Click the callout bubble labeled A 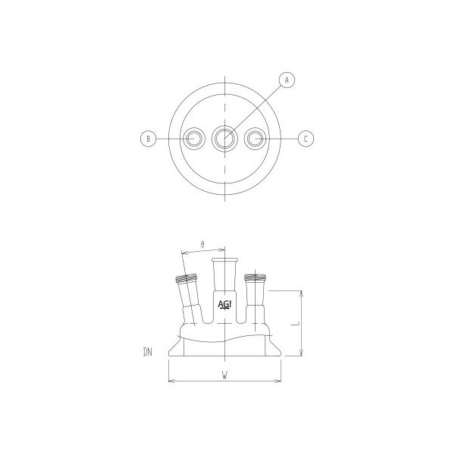pos(287,78)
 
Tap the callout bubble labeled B pos(149,138)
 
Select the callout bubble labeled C pos(305,139)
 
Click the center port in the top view pos(224,138)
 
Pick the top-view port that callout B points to pos(195,138)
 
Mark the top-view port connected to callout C pos(256,138)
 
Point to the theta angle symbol pos(202,244)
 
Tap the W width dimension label pos(225,374)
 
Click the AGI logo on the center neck pos(225,305)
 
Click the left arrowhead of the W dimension pos(170,380)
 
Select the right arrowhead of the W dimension pos(281,380)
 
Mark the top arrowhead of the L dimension pos(303,291)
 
